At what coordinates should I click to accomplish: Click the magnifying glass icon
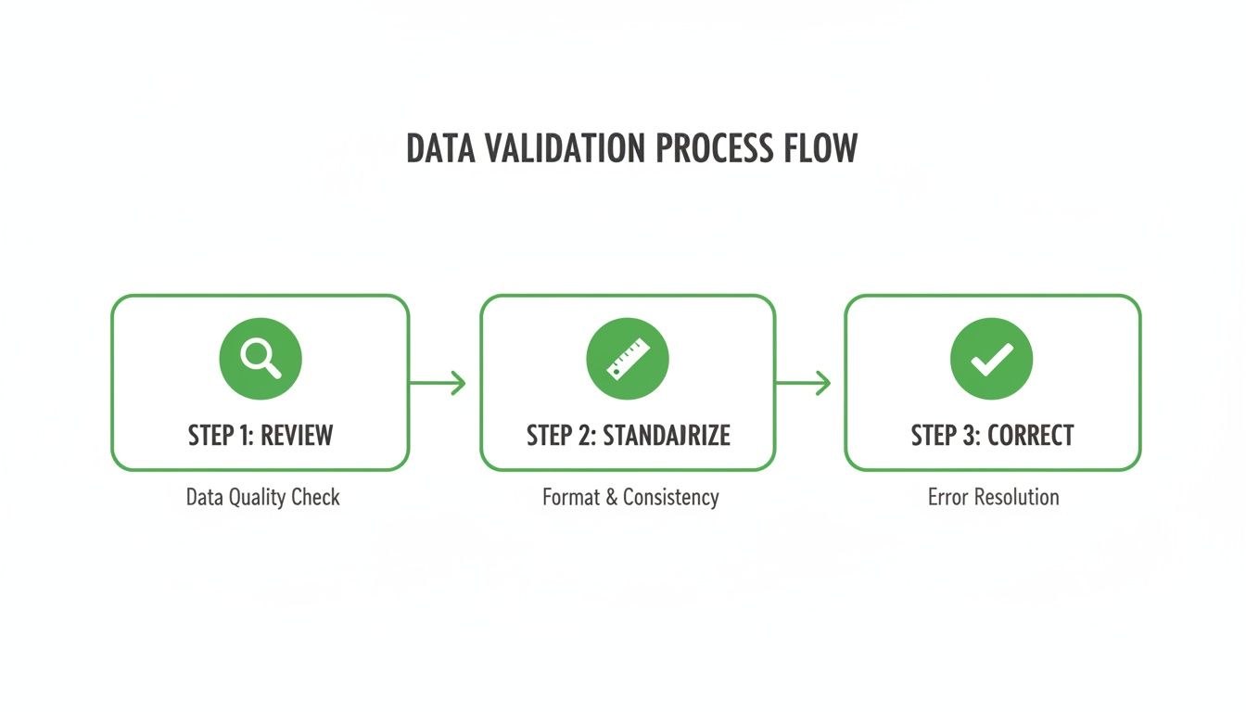[261, 358]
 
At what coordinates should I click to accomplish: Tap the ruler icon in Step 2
[628, 358]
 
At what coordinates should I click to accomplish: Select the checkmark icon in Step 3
[992, 358]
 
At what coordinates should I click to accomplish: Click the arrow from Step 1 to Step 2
[438, 382]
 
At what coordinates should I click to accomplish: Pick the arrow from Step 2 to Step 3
[803, 382]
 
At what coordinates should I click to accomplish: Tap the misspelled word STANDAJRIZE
[667, 436]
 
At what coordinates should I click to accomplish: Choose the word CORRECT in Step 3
[1030, 436]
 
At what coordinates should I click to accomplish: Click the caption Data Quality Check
[263, 497]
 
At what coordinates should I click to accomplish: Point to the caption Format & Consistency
[630, 497]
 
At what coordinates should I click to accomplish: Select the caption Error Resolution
[993, 497]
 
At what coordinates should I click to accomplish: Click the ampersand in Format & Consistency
[611, 497]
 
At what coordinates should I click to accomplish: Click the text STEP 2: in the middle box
[561, 436]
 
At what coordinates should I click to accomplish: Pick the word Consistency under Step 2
[670, 497]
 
